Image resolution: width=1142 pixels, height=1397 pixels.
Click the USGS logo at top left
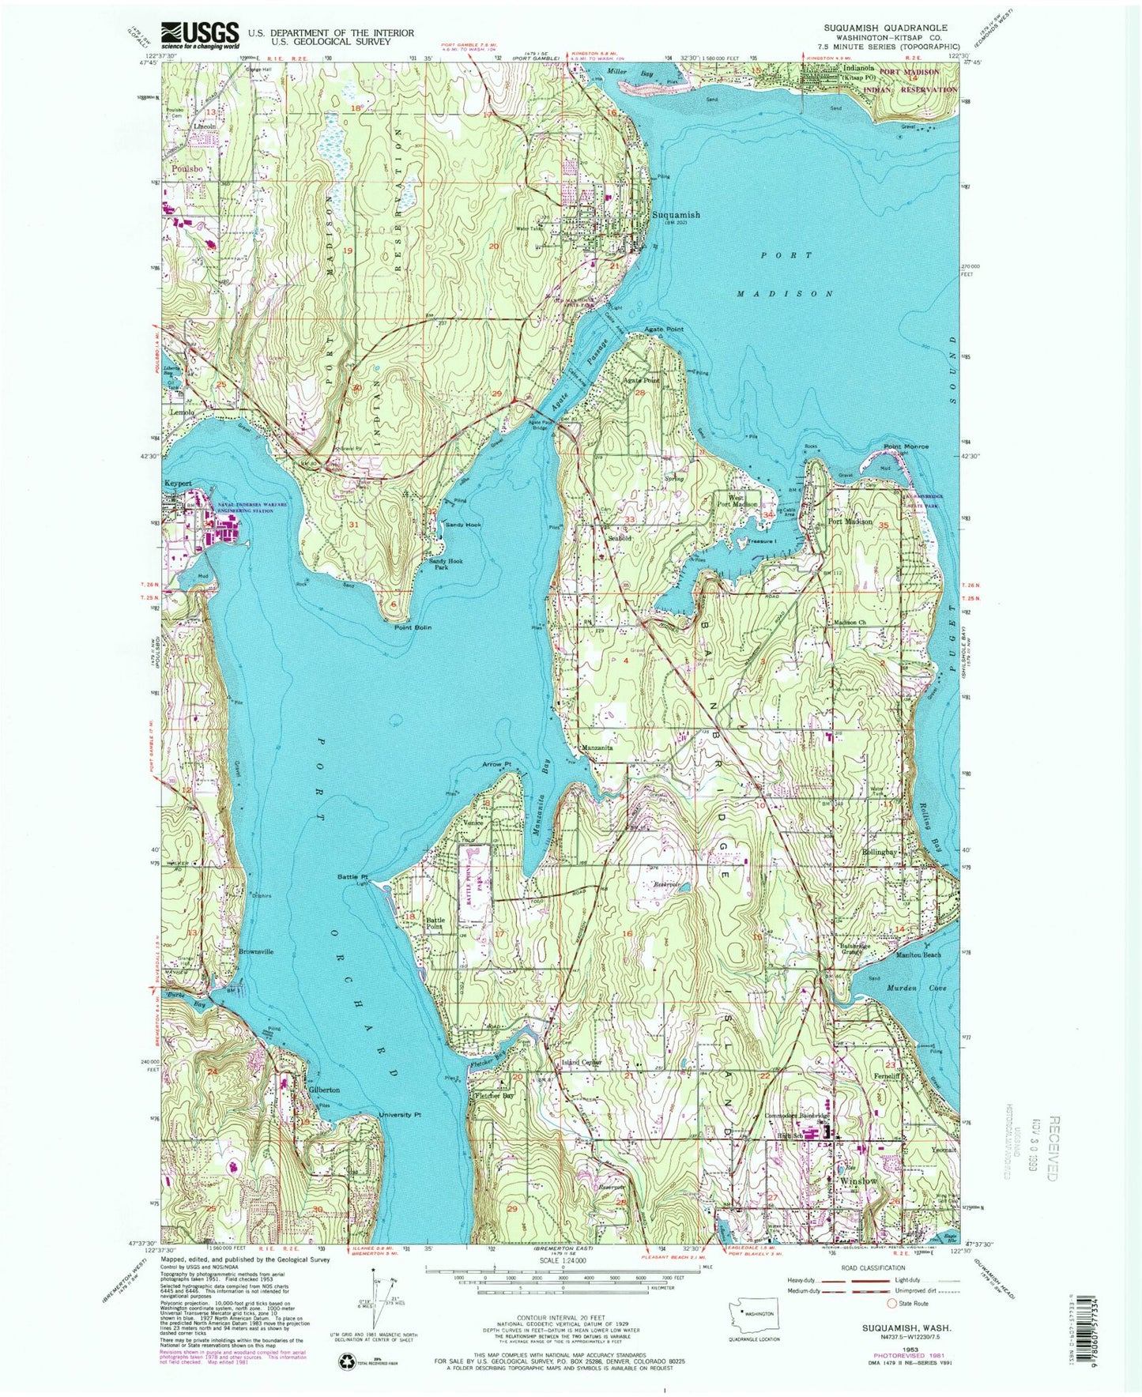point(200,35)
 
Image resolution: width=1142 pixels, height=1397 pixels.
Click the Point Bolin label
point(413,627)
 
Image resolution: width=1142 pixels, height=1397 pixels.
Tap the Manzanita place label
point(598,747)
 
